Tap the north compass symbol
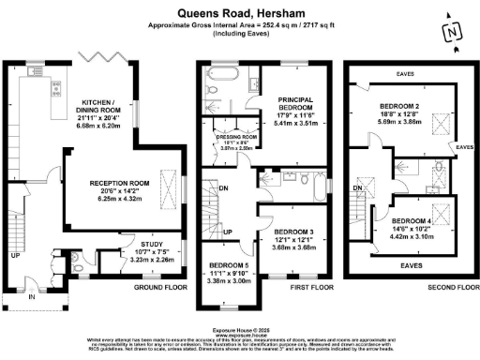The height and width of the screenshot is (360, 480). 454,30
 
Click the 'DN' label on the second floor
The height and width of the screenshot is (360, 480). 357,188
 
